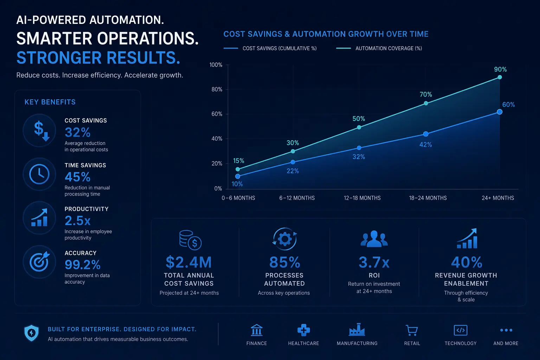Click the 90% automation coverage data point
tap(500, 77)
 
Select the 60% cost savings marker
tap(500, 112)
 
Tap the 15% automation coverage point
tap(238, 169)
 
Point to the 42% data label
tap(425, 145)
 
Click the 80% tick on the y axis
tap(217, 89)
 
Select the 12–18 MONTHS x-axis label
tap(362, 198)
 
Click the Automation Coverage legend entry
tap(379, 48)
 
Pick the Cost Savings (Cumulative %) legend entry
tap(270, 48)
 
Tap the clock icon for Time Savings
tap(39, 174)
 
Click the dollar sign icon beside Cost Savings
tap(41, 131)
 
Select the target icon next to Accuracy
tap(39, 261)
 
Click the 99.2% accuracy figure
tap(83, 264)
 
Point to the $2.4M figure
tap(189, 262)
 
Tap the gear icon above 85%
tap(285, 239)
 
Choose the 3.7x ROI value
tap(374, 262)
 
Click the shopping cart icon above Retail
tap(412, 330)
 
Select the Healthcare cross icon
tap(303, 330)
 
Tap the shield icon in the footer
tap(32, 333)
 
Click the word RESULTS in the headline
tap(143, 58)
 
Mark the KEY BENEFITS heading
tap(50, 102)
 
